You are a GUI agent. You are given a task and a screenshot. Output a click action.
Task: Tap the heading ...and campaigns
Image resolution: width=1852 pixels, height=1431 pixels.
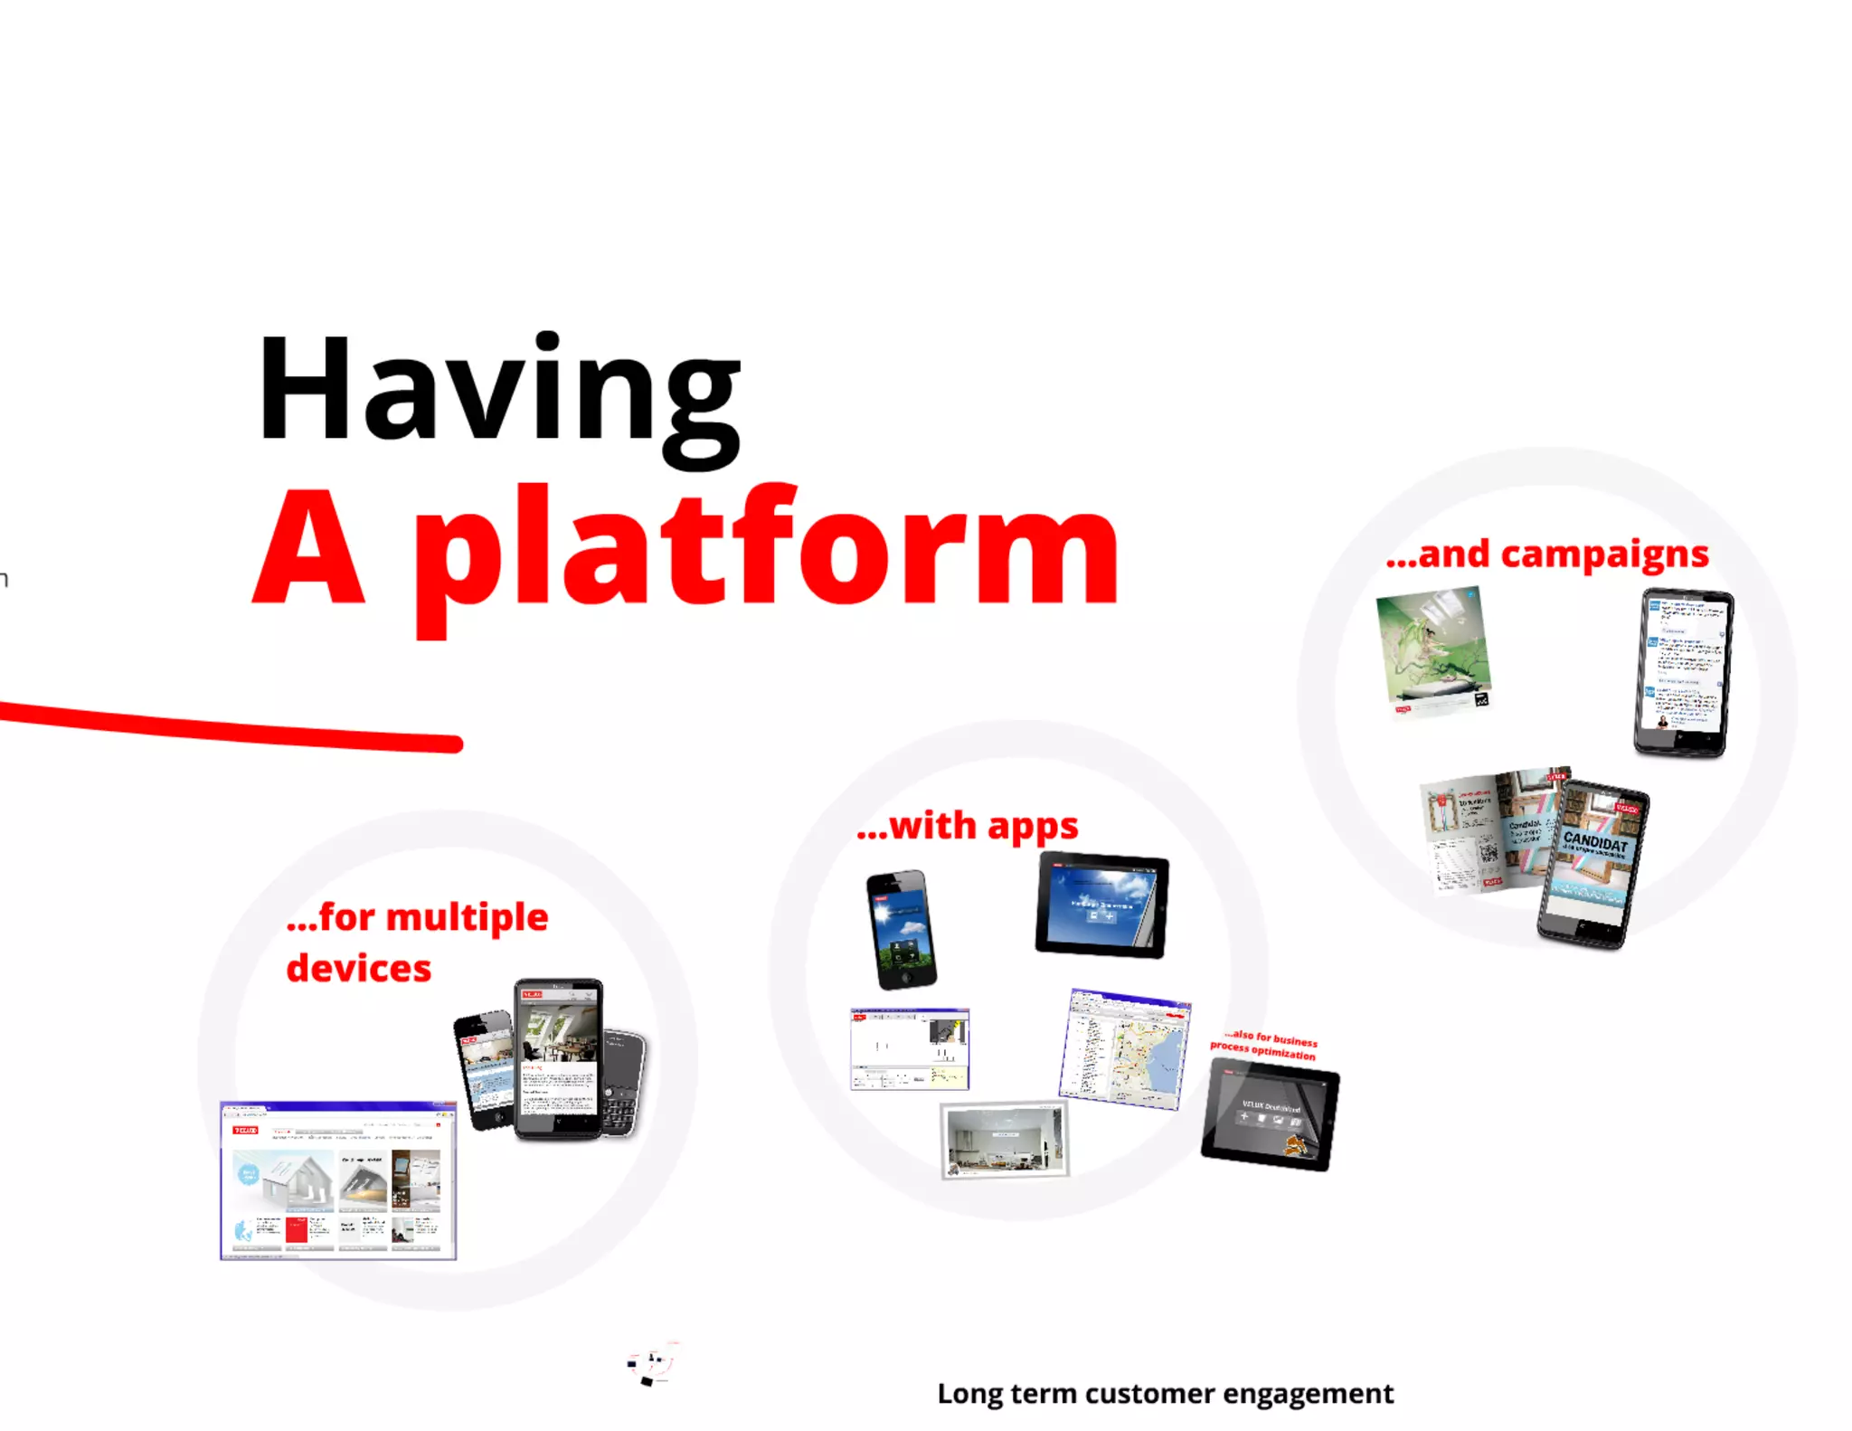pyautogui.click(x=1546, y=554)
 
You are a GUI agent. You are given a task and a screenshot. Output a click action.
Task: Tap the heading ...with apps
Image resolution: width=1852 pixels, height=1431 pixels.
pyautogui.click(x=968, y=825)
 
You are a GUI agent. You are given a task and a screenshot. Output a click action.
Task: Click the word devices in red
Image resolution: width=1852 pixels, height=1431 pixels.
pyautogui.click(x=359, y=968)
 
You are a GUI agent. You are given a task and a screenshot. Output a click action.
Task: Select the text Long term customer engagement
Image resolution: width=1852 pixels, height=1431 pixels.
pyautogui.click(x=1165, y=1393)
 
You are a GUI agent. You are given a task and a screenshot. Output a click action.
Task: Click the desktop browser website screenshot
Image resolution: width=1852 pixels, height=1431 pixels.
pyautogui.click(x=338, y=1180)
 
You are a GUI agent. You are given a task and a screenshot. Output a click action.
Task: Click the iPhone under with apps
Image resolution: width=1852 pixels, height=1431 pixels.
pyautogui.click(x=901, y=930)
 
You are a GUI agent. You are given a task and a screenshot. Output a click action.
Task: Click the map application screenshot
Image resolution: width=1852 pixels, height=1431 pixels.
pyautogui.click(x=1124, y=1049)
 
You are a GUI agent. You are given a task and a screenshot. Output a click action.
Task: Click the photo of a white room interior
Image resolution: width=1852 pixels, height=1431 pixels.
pyautogui.click(x=1004, y=1140)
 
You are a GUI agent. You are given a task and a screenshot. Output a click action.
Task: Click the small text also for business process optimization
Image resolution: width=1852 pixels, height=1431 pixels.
pyautogui.click(x=1264, y=1046)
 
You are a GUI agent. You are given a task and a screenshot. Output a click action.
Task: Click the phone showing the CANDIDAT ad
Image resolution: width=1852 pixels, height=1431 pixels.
pyautogui.click(x=1593, y=864)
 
